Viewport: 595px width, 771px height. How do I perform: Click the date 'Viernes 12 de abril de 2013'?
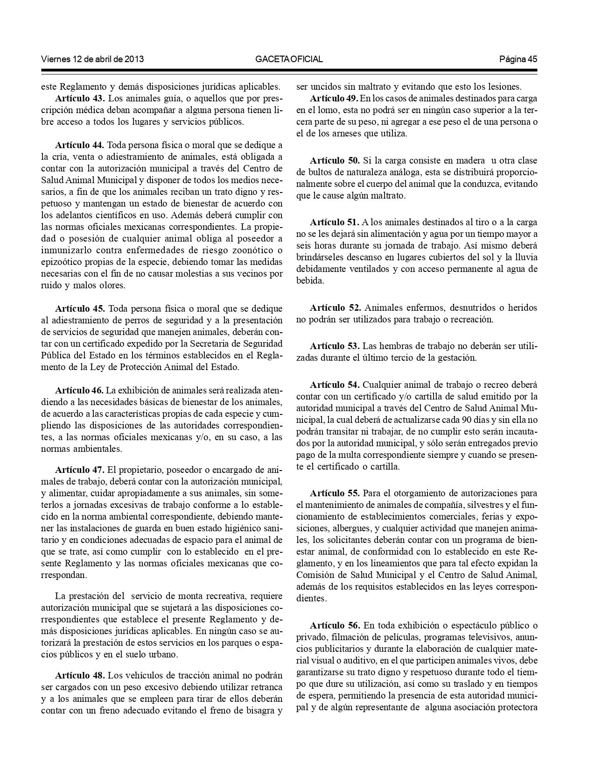[92, 59]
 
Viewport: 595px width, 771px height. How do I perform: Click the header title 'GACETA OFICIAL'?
[289, 59]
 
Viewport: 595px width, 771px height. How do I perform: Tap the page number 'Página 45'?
[518, 59]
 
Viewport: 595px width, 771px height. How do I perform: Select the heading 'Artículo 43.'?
[80, 99]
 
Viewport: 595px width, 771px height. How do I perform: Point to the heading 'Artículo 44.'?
[80, 143]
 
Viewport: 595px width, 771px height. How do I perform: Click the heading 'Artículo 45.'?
[80, 308]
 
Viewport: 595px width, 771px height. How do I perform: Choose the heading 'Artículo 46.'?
[79, 390]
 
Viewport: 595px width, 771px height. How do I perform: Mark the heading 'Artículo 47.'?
[80, 470]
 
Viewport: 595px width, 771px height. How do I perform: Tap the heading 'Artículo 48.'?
[80, 675]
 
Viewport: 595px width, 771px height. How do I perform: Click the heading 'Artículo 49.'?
[334, 99]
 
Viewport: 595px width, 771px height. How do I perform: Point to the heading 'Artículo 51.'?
[334, 222]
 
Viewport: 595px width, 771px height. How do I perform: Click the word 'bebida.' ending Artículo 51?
[310, 280]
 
